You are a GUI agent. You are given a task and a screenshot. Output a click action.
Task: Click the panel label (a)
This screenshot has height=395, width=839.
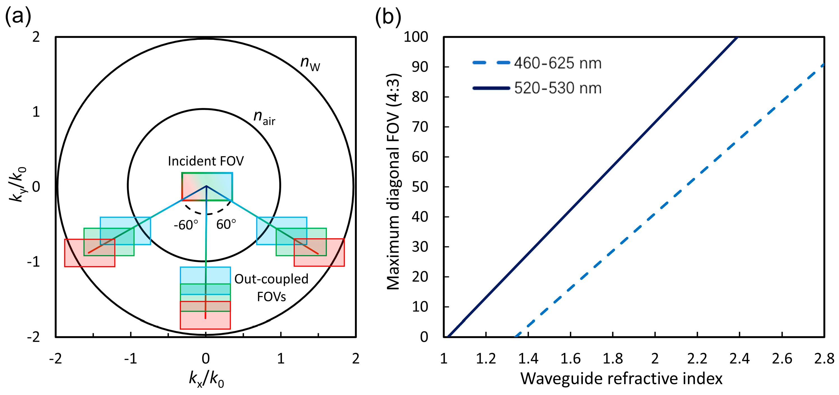(x=18, y=16)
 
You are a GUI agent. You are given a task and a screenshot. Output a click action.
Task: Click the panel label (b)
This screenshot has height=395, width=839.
(x=388, y=16)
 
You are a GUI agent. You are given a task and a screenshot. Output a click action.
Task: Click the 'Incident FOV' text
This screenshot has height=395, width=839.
(x=205, y=161)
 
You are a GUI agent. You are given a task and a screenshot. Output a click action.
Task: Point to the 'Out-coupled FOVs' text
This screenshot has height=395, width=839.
(x=271, y=287)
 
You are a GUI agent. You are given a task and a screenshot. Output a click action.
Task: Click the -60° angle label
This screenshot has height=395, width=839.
(x=186, y=225)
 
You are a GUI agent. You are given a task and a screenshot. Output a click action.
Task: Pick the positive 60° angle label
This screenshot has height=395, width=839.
(x=226, y=224)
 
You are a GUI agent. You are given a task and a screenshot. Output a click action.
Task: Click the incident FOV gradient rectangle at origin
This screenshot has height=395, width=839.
(x=207, y=186)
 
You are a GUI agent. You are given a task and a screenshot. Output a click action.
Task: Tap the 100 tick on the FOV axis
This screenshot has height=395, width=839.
(x=416, y=37)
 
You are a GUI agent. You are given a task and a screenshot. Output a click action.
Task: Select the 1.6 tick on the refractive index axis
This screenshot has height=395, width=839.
(x=570, y=359)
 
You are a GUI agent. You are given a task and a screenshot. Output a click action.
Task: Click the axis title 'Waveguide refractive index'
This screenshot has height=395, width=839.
(x=621, y=378)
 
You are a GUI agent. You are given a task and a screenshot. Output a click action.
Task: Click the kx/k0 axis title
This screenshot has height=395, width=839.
(x=206, y=379)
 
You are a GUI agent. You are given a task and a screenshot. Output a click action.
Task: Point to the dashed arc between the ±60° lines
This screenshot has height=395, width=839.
(x=207, y=214)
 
